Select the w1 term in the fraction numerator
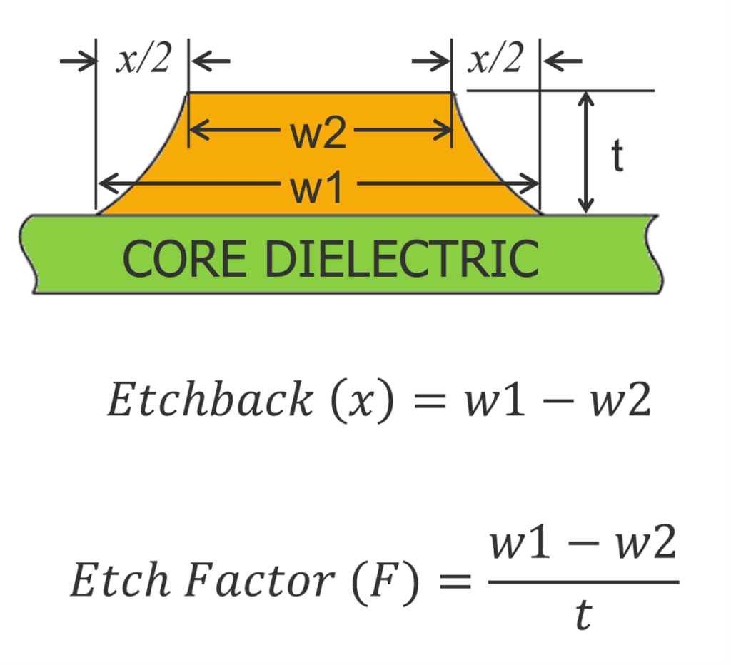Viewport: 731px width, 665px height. click(x=518, y=548)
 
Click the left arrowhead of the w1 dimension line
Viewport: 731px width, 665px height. click(x=104, y=186)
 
